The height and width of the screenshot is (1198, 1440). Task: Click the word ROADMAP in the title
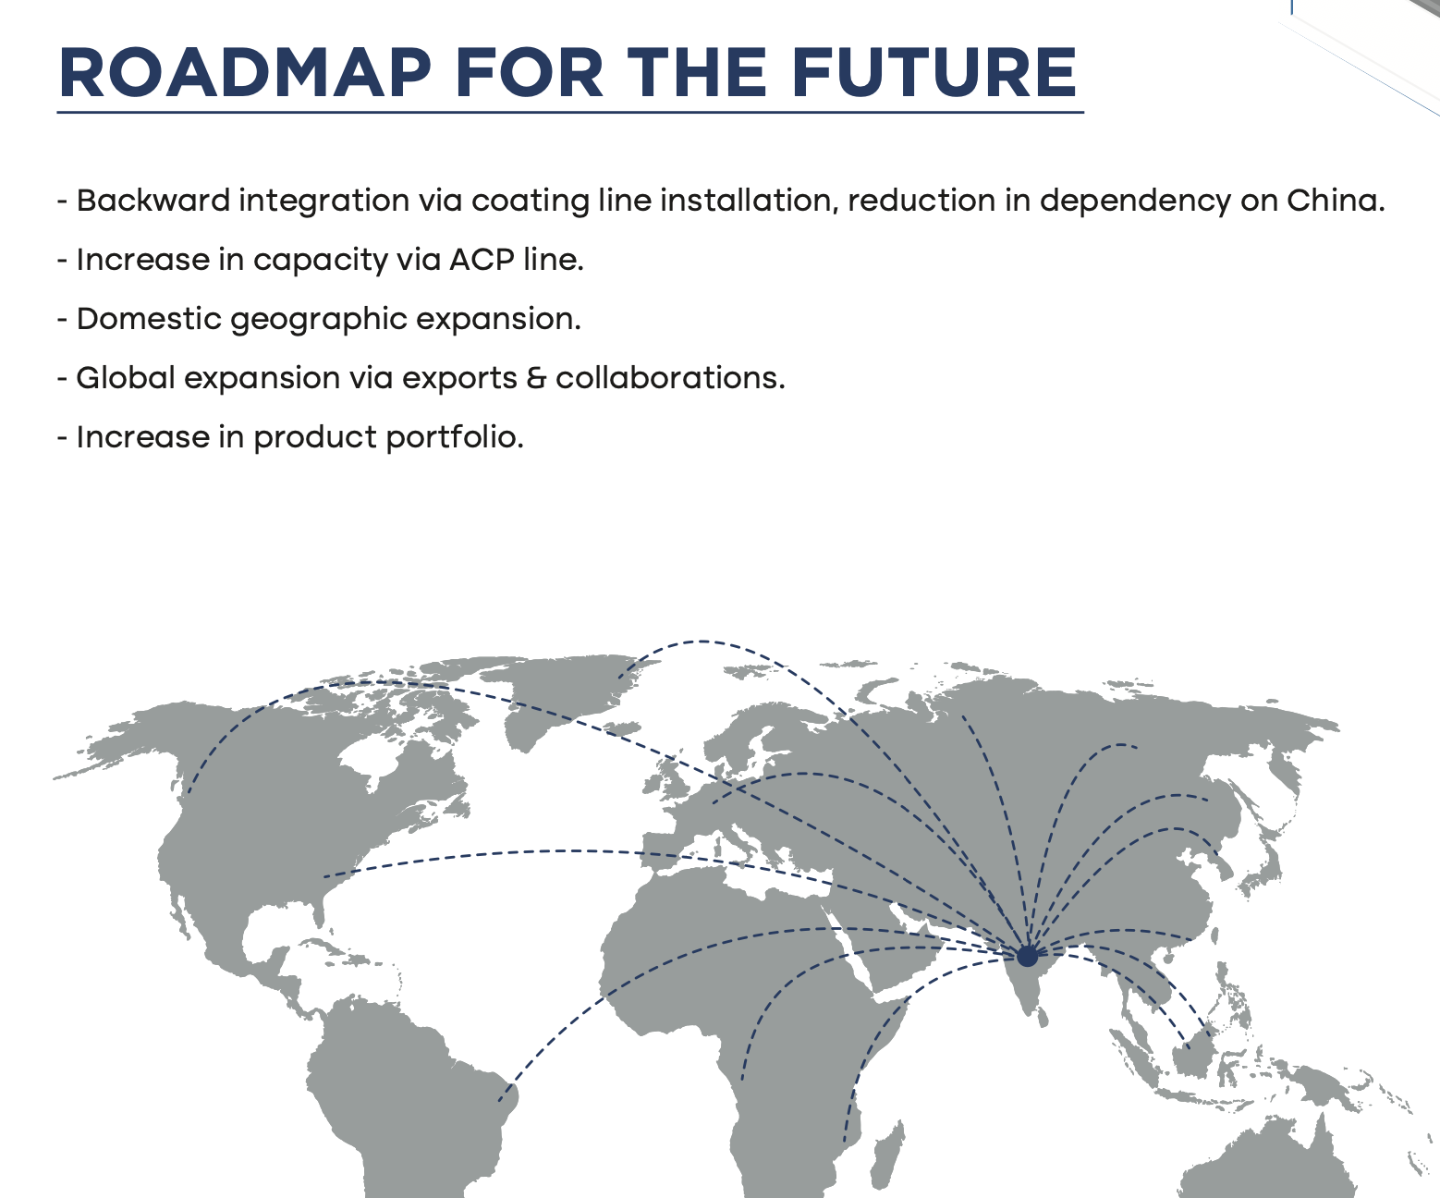(245, 73)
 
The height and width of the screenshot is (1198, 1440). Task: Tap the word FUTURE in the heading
(934, 73)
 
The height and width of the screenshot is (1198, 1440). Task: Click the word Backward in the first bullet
(153, 201)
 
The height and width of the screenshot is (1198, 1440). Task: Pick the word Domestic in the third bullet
(149, 319)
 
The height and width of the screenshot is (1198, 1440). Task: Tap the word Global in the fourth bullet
(126, 378)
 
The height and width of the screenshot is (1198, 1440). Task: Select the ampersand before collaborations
(536, 379)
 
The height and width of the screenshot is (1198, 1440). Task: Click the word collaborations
(670, 378)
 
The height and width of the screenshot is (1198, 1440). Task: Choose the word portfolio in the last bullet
(455, 438)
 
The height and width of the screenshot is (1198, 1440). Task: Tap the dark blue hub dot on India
(1028, 957)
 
